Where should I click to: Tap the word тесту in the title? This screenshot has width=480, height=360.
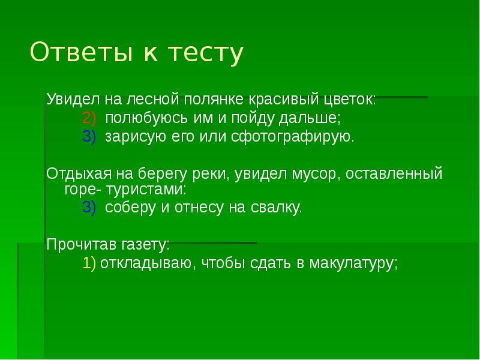[204, 53]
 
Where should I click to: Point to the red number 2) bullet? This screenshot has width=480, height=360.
[89, 118]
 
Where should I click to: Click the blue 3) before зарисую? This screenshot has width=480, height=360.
[89, 136]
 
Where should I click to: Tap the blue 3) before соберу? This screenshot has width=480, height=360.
[89, 208]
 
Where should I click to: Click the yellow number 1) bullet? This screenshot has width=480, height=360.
[89, 263]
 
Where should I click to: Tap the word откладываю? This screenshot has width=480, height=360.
[145, 263]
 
